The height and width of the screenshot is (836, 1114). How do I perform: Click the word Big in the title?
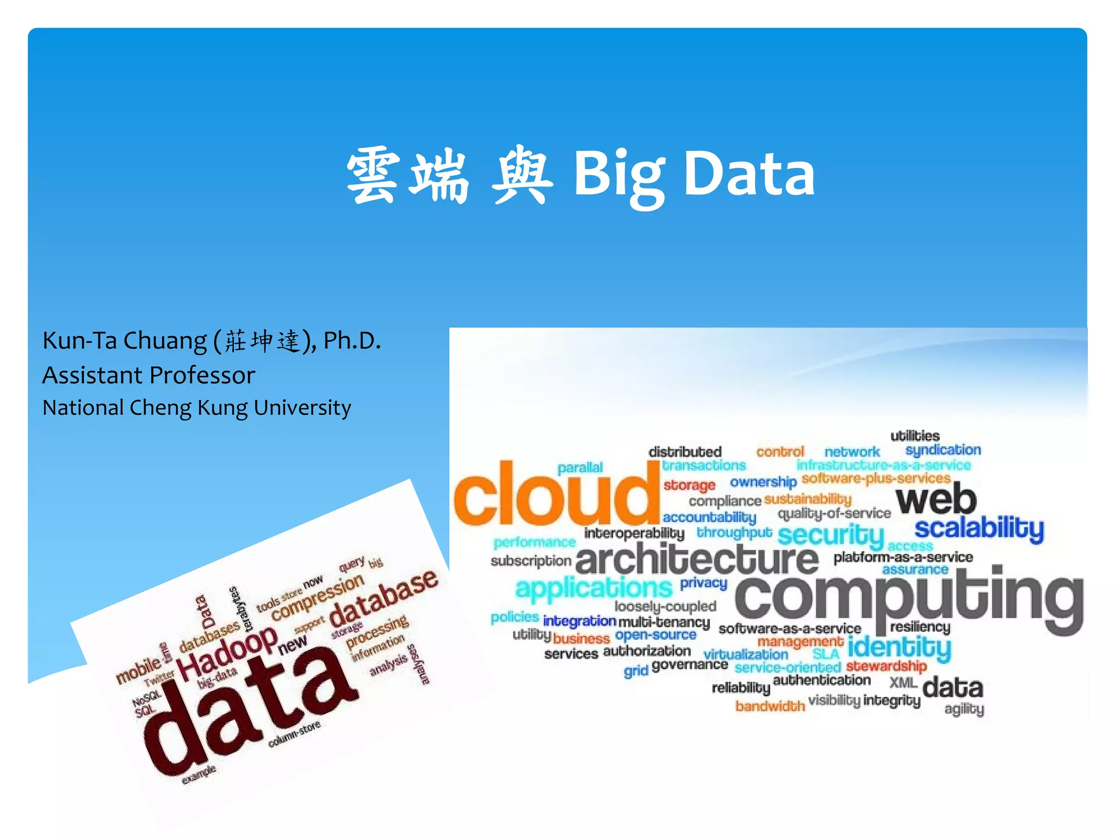619,174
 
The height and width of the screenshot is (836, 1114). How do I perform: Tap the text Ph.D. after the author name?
352,341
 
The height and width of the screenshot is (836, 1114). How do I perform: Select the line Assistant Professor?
148,376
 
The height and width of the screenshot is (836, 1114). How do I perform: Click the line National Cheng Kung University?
196,408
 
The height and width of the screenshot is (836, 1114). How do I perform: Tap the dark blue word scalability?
979,528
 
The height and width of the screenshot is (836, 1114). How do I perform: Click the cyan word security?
831,536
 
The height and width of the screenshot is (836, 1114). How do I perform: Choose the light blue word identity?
899,648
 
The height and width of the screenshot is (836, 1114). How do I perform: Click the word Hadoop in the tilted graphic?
227,653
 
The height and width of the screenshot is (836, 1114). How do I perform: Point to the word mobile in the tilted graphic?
139,668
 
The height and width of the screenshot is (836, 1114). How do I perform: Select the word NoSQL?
146,698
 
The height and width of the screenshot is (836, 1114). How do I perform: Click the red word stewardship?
886,666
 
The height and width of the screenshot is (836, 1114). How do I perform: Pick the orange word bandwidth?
770,706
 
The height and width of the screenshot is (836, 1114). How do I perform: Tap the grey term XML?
903,682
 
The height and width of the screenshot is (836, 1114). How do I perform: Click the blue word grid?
636,671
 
